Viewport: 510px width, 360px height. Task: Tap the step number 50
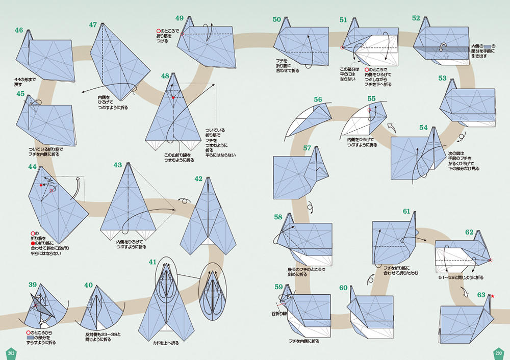tap(277, 19)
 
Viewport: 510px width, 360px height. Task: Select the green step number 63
tap(481, 295)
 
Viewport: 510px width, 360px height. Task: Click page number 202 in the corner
tap(11, 353)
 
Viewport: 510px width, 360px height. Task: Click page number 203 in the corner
tap(499, 353)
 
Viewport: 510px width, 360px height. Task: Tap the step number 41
tap(153, 262)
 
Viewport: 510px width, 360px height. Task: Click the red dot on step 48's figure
tap(173, 97)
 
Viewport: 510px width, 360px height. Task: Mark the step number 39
tap(32, 285)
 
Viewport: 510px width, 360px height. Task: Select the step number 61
tap(406, 211)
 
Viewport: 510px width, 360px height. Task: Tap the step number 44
tap(32, 167)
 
